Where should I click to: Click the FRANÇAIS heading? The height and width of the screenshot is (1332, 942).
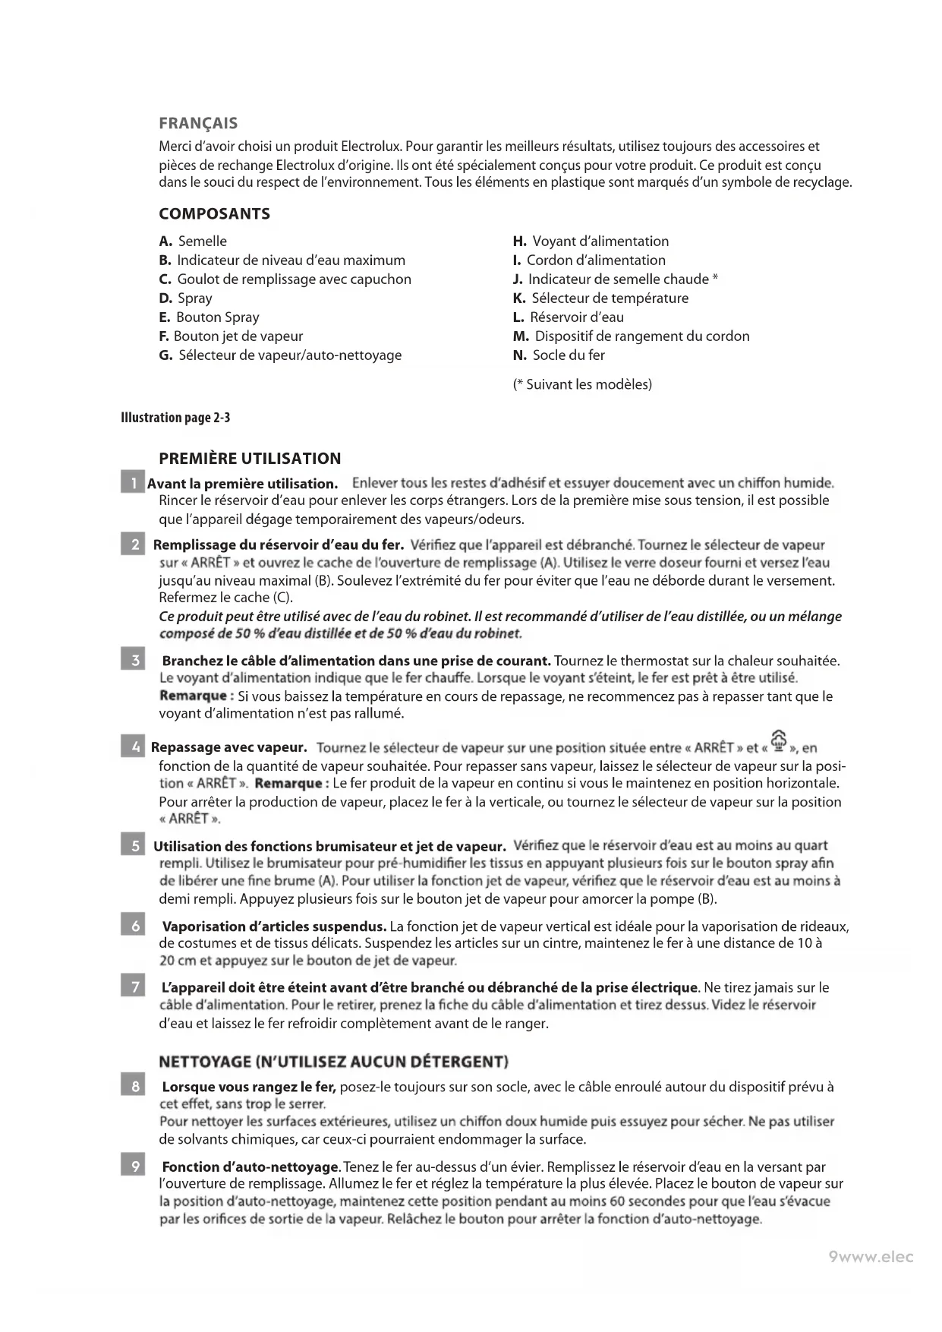tap(198, 123)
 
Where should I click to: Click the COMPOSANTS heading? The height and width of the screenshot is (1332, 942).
tap(214, 213)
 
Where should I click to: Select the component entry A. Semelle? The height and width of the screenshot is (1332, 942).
tap(193, 241)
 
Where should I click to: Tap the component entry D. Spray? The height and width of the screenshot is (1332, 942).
tap(185, 298)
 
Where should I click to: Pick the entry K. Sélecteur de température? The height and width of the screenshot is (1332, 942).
tap(600, 298)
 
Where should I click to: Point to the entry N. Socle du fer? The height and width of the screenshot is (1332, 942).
tap(559, 355)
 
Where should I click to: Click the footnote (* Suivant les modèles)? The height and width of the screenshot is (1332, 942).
tap(582, 384)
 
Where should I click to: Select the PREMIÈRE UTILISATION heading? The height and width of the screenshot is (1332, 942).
tap(250, 459)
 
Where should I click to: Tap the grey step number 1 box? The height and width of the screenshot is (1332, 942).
tap(132, 483)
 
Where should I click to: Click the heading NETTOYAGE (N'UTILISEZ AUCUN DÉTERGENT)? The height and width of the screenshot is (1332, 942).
tap(333, 1061)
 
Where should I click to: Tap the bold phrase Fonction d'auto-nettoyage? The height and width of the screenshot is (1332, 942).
tap(250, 1166)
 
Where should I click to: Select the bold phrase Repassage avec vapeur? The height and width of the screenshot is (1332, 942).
tap(228, 748)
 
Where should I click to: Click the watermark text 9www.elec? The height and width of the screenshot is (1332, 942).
tap(871, 1257)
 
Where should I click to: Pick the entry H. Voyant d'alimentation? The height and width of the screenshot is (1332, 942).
tap(591, 241)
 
